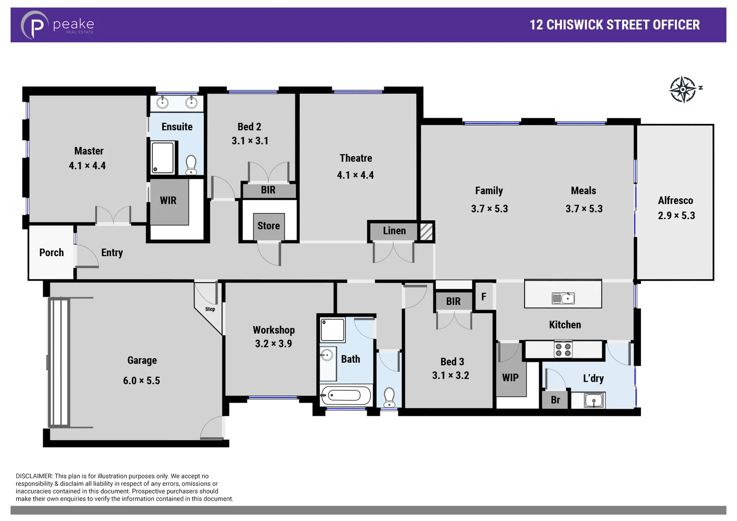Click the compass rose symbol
(x=683, y=89)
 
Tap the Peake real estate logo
(x=57, y=25)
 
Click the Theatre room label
(x=356, y=158)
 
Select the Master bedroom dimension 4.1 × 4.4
(x=87, y=166)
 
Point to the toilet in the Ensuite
(x=191, y=165)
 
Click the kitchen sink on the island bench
(x=563, y=299)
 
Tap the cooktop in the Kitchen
(x=563, y=349)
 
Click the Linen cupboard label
(x=394, y=231)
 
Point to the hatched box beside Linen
(x=426, y=232)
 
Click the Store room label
(x=268, y=226)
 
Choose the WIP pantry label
(x=510, y=378)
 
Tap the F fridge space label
(x=484, y=297)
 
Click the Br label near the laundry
(x=555, y=400)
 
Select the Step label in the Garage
(x=210, y=309)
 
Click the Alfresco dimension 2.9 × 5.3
(x=676, y=216)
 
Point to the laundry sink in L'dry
(x=594, y=400)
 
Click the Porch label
(x=52, y=253)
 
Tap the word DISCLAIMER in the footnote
(x=34, y=476)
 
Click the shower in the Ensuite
(x=163, y=157)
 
